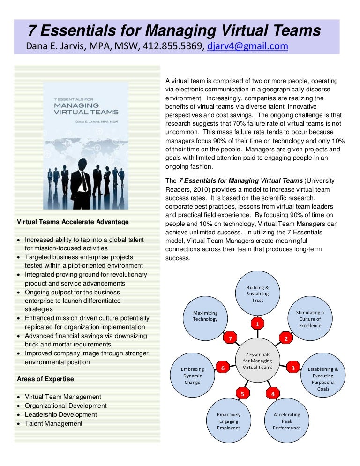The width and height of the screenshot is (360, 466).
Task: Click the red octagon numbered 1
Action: [x=257, y=323]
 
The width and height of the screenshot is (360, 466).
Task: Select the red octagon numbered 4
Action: [x=273, y=394]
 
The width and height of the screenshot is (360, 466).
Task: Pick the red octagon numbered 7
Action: [x=229, y=338]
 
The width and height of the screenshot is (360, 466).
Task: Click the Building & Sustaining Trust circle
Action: [x=257, y=293]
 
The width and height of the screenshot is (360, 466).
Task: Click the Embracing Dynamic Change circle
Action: [x=193, y=376]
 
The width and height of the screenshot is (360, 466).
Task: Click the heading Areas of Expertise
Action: [x=45, y=379]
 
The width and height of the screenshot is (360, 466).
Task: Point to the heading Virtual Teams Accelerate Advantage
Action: [x=73, y=222]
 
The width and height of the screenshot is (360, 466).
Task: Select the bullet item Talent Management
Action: [x=53, y=423]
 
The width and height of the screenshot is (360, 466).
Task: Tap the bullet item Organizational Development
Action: [x=66, y=406]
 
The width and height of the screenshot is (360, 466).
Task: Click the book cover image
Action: [x=85, y=146]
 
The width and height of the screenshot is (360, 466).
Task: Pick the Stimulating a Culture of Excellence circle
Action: [x=310, y=319]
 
